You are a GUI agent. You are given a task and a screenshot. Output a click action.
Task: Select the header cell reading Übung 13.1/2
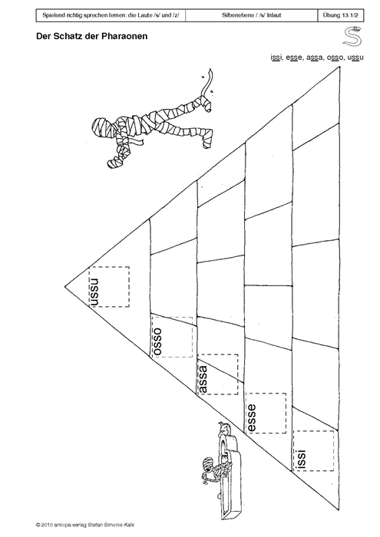[x=341, y=15]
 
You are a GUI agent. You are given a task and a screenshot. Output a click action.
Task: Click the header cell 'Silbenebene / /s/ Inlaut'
[x=252, y=15]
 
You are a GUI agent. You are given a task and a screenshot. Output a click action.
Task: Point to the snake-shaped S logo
[x=352, y=36]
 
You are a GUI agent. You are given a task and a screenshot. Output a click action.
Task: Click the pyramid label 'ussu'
[x=94, y=292]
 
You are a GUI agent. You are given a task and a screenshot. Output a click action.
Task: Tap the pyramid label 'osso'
[x=157, y=341]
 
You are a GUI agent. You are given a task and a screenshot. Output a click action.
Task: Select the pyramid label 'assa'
[x=203, y=379]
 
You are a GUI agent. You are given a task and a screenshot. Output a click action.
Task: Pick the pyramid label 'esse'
[x=251, y=418]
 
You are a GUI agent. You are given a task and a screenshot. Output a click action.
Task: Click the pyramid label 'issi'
[x=300, y=459]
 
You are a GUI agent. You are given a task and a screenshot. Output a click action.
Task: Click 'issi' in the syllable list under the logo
[x=276, y=58]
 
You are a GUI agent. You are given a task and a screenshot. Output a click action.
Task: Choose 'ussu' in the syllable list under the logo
[x=355, y=58]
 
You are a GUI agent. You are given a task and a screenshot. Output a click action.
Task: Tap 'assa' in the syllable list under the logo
[x=315, y=58]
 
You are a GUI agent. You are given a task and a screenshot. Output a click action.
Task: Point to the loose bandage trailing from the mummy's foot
[x=207, y=82]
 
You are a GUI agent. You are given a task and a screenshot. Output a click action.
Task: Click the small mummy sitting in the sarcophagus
[x=213, y=469]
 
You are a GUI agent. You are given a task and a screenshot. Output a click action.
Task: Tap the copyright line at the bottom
[x=88, y=525]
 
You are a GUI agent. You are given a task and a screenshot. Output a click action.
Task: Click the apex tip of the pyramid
[x=65, y=285]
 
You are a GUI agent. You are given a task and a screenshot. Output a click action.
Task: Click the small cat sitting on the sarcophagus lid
[x=223, y=429]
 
